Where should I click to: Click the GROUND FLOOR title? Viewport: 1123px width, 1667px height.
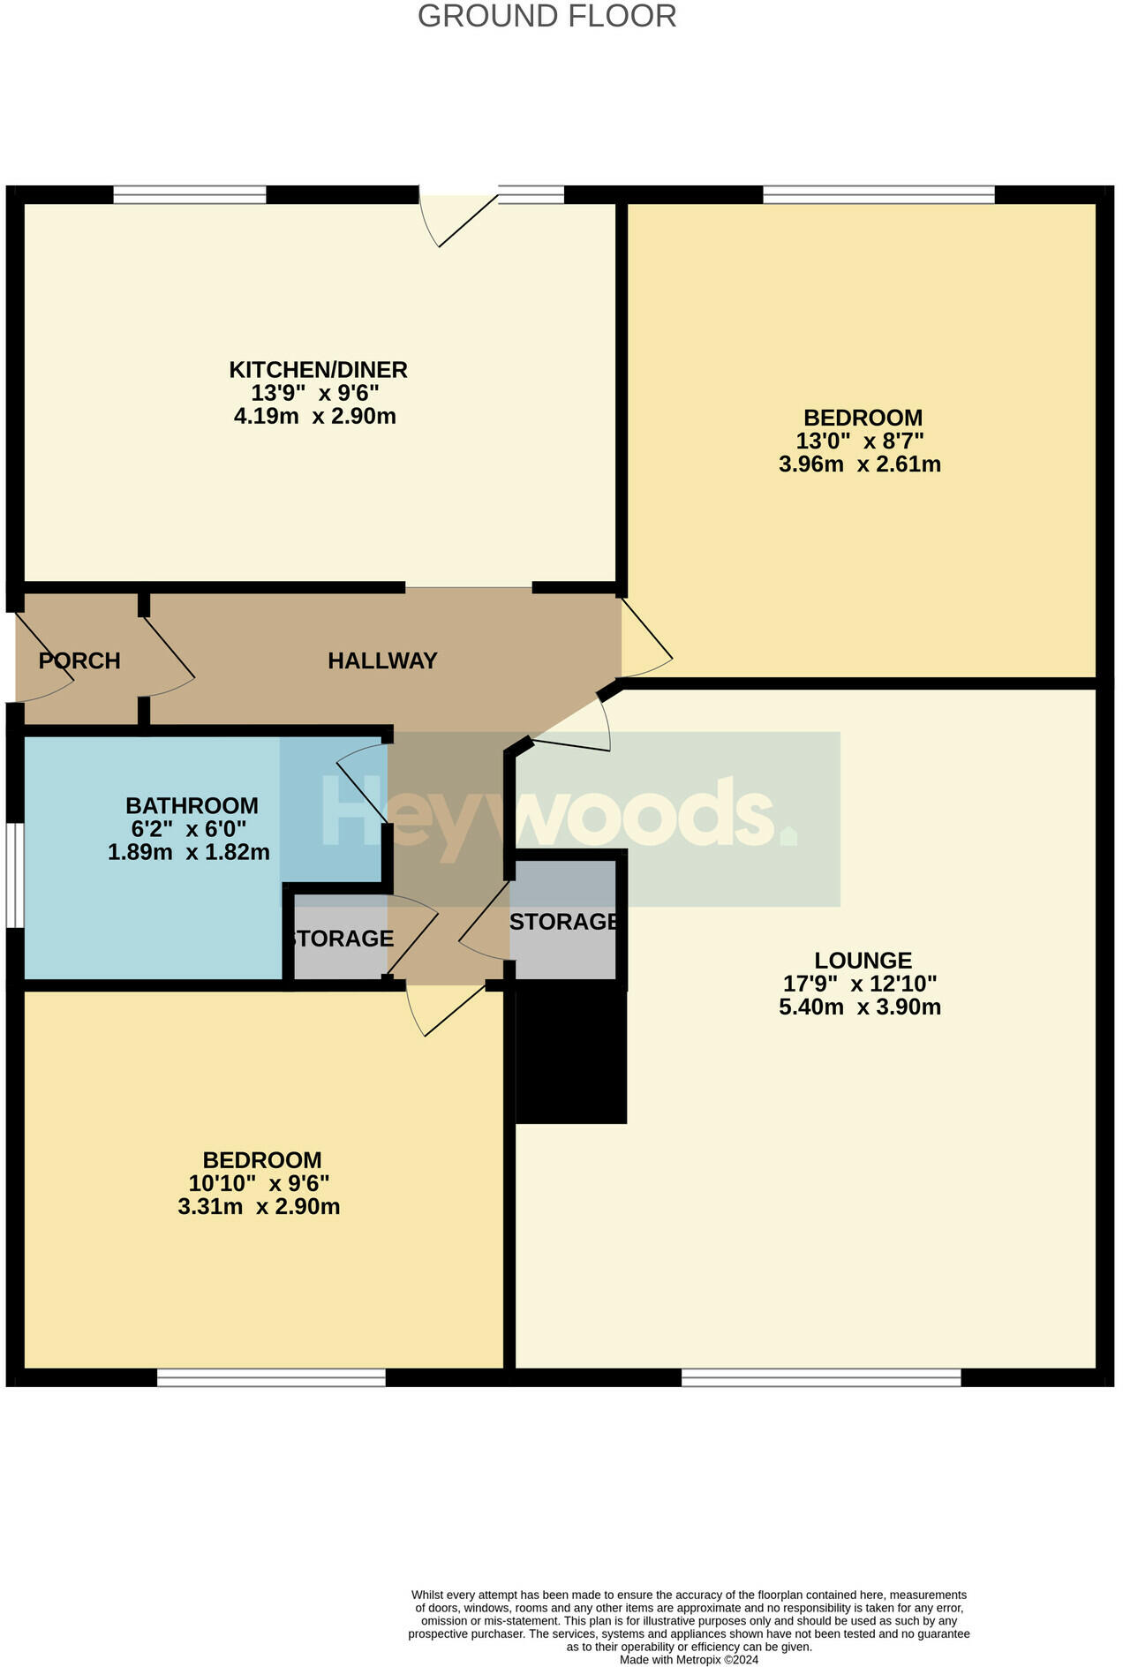(x=546, y=16)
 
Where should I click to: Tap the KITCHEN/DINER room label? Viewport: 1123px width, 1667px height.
(x=318, y=369)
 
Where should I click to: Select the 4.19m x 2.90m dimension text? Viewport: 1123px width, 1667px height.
(x=314, y=416)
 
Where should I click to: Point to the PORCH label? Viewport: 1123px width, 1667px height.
(x=79, y=660)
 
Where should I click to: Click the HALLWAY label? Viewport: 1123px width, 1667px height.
(x=382, y=660)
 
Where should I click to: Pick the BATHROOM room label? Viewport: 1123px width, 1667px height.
(x=192, y=805)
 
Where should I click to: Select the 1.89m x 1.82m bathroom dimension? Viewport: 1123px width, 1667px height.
(x=188, y=852)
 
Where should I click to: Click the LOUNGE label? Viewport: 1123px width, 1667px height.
(x=863, y=960)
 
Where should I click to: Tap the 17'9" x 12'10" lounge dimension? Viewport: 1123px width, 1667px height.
(x=859, y=984)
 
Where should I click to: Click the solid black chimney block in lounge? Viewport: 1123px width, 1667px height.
(x=570, y=1055)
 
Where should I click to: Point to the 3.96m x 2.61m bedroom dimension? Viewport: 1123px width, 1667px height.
(x=859, y=464)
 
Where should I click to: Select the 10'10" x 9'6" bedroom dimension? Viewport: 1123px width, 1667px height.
(x=259, y=1183)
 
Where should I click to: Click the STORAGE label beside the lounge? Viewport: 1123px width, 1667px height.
(x=563, y=922)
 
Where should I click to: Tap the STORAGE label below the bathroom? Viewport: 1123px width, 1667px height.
(x=341, y=939)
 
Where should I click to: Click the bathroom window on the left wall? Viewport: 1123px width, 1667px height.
(x=14, y=875)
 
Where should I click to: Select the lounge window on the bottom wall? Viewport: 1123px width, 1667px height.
(x=820, y=1377)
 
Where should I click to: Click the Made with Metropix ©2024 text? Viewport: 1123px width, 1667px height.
(x=689, y=1659)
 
